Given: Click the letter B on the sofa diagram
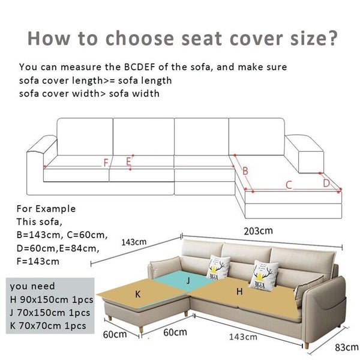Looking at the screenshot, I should click(x=245, y=172).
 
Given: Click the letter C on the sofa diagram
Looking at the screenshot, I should click(x=288, y=184).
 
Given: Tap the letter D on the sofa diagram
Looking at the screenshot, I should click(x=326, y=182).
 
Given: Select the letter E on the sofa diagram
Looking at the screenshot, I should click(x=128, y=161).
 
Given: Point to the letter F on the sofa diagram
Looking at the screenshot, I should click(x=106, y=163).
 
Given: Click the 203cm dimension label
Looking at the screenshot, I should click(x=258, y=230).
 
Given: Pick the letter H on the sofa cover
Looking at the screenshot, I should click(x=239, y=292).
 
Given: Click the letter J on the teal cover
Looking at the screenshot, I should click(x=188, y=280).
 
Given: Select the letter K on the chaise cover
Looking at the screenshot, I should click(x=138, y=294).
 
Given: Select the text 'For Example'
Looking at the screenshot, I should click(x=46, y=209).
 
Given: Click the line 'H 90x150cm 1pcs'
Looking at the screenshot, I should click(x=50, y=299).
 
